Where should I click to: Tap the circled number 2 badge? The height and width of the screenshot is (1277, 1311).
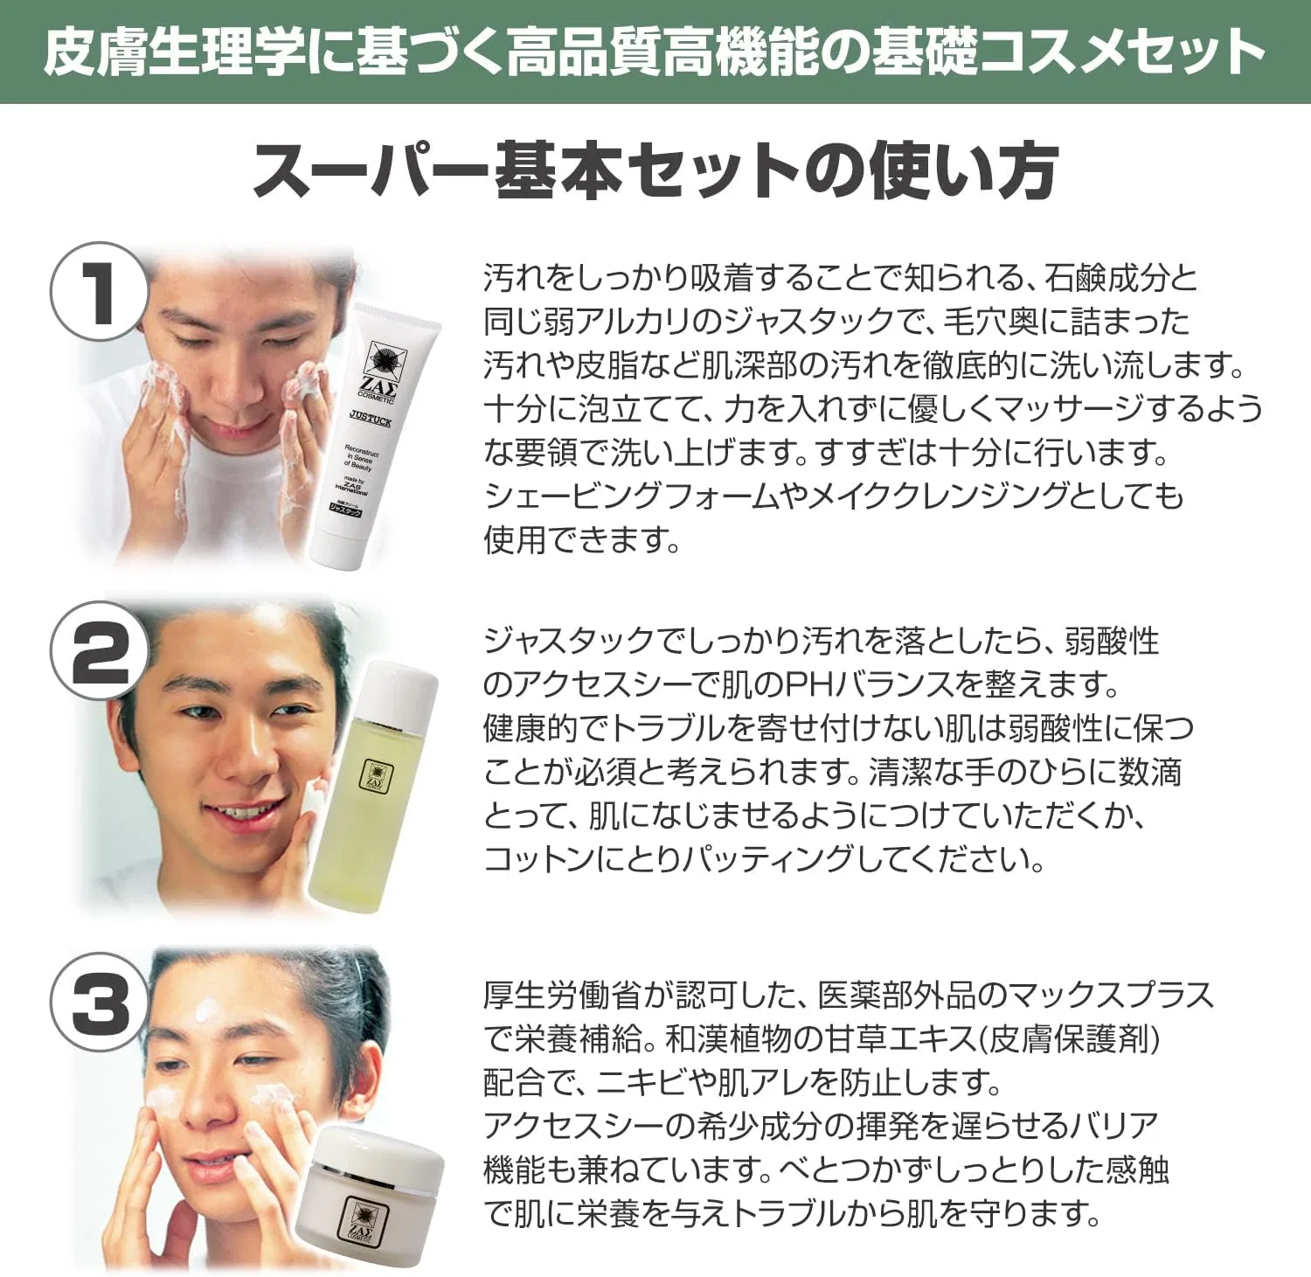click(98, 650)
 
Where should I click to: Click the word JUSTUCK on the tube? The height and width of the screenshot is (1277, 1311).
click(370, 420)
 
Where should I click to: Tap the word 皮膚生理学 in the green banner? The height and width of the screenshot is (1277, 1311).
click(173, 51)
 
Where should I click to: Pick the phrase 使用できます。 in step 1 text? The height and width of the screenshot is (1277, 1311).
click(582, 539)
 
